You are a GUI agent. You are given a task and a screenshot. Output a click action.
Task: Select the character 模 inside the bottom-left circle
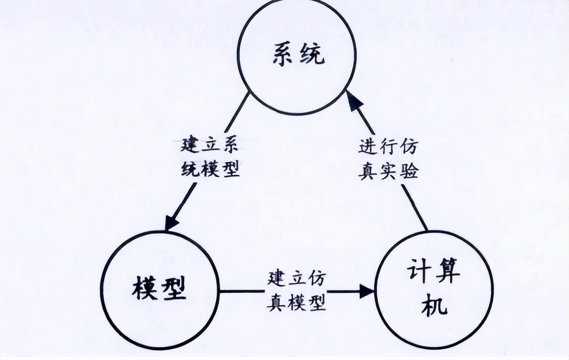[x=145, y=289]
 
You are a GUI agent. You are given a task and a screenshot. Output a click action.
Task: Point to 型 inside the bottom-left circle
[x=174, y=289]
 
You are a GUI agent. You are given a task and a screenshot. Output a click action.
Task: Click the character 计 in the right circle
[x=419, y=273]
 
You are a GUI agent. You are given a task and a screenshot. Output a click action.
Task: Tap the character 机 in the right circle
[x=434, y=305]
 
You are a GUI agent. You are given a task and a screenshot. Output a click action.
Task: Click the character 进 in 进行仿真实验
[x=367, y=147]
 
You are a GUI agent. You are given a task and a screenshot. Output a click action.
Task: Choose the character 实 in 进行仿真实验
[x=388, y=172]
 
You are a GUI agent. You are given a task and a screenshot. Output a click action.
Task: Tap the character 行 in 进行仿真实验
[x=388, y=147]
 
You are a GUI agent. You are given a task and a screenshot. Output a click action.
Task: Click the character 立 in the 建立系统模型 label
[x=210, y=145]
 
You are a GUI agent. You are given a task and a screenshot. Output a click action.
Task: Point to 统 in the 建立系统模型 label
[x=190, y=169]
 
